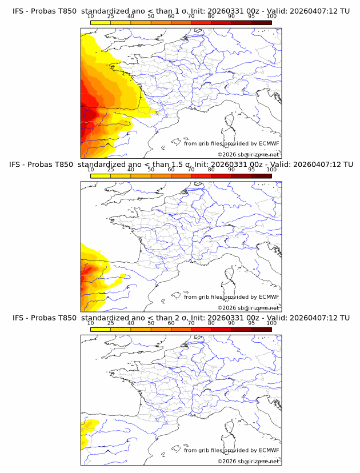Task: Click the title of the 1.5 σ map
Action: [x=180, y=165]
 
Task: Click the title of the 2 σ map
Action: [x=180, y=318]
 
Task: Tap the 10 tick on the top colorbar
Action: [x=90, y=16]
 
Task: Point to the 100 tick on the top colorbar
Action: [x=271, y=16]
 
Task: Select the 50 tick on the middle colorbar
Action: [x=151, y=170]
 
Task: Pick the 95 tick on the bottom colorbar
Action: [x=251, y=323]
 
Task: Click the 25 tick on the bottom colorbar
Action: [x=110, y=323]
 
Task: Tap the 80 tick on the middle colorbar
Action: [x=211, y=170]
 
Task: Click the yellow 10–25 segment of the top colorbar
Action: [x=101, y=23]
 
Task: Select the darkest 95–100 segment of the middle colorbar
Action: [x=261, y=176]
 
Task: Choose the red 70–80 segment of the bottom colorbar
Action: [x=201, y=329]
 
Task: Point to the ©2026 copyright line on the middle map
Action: [x=249, y=307]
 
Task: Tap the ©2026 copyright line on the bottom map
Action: [x=249, y=461]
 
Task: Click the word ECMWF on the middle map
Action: [x=269, y=296]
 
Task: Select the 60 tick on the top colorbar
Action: [x=171, y=16]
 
